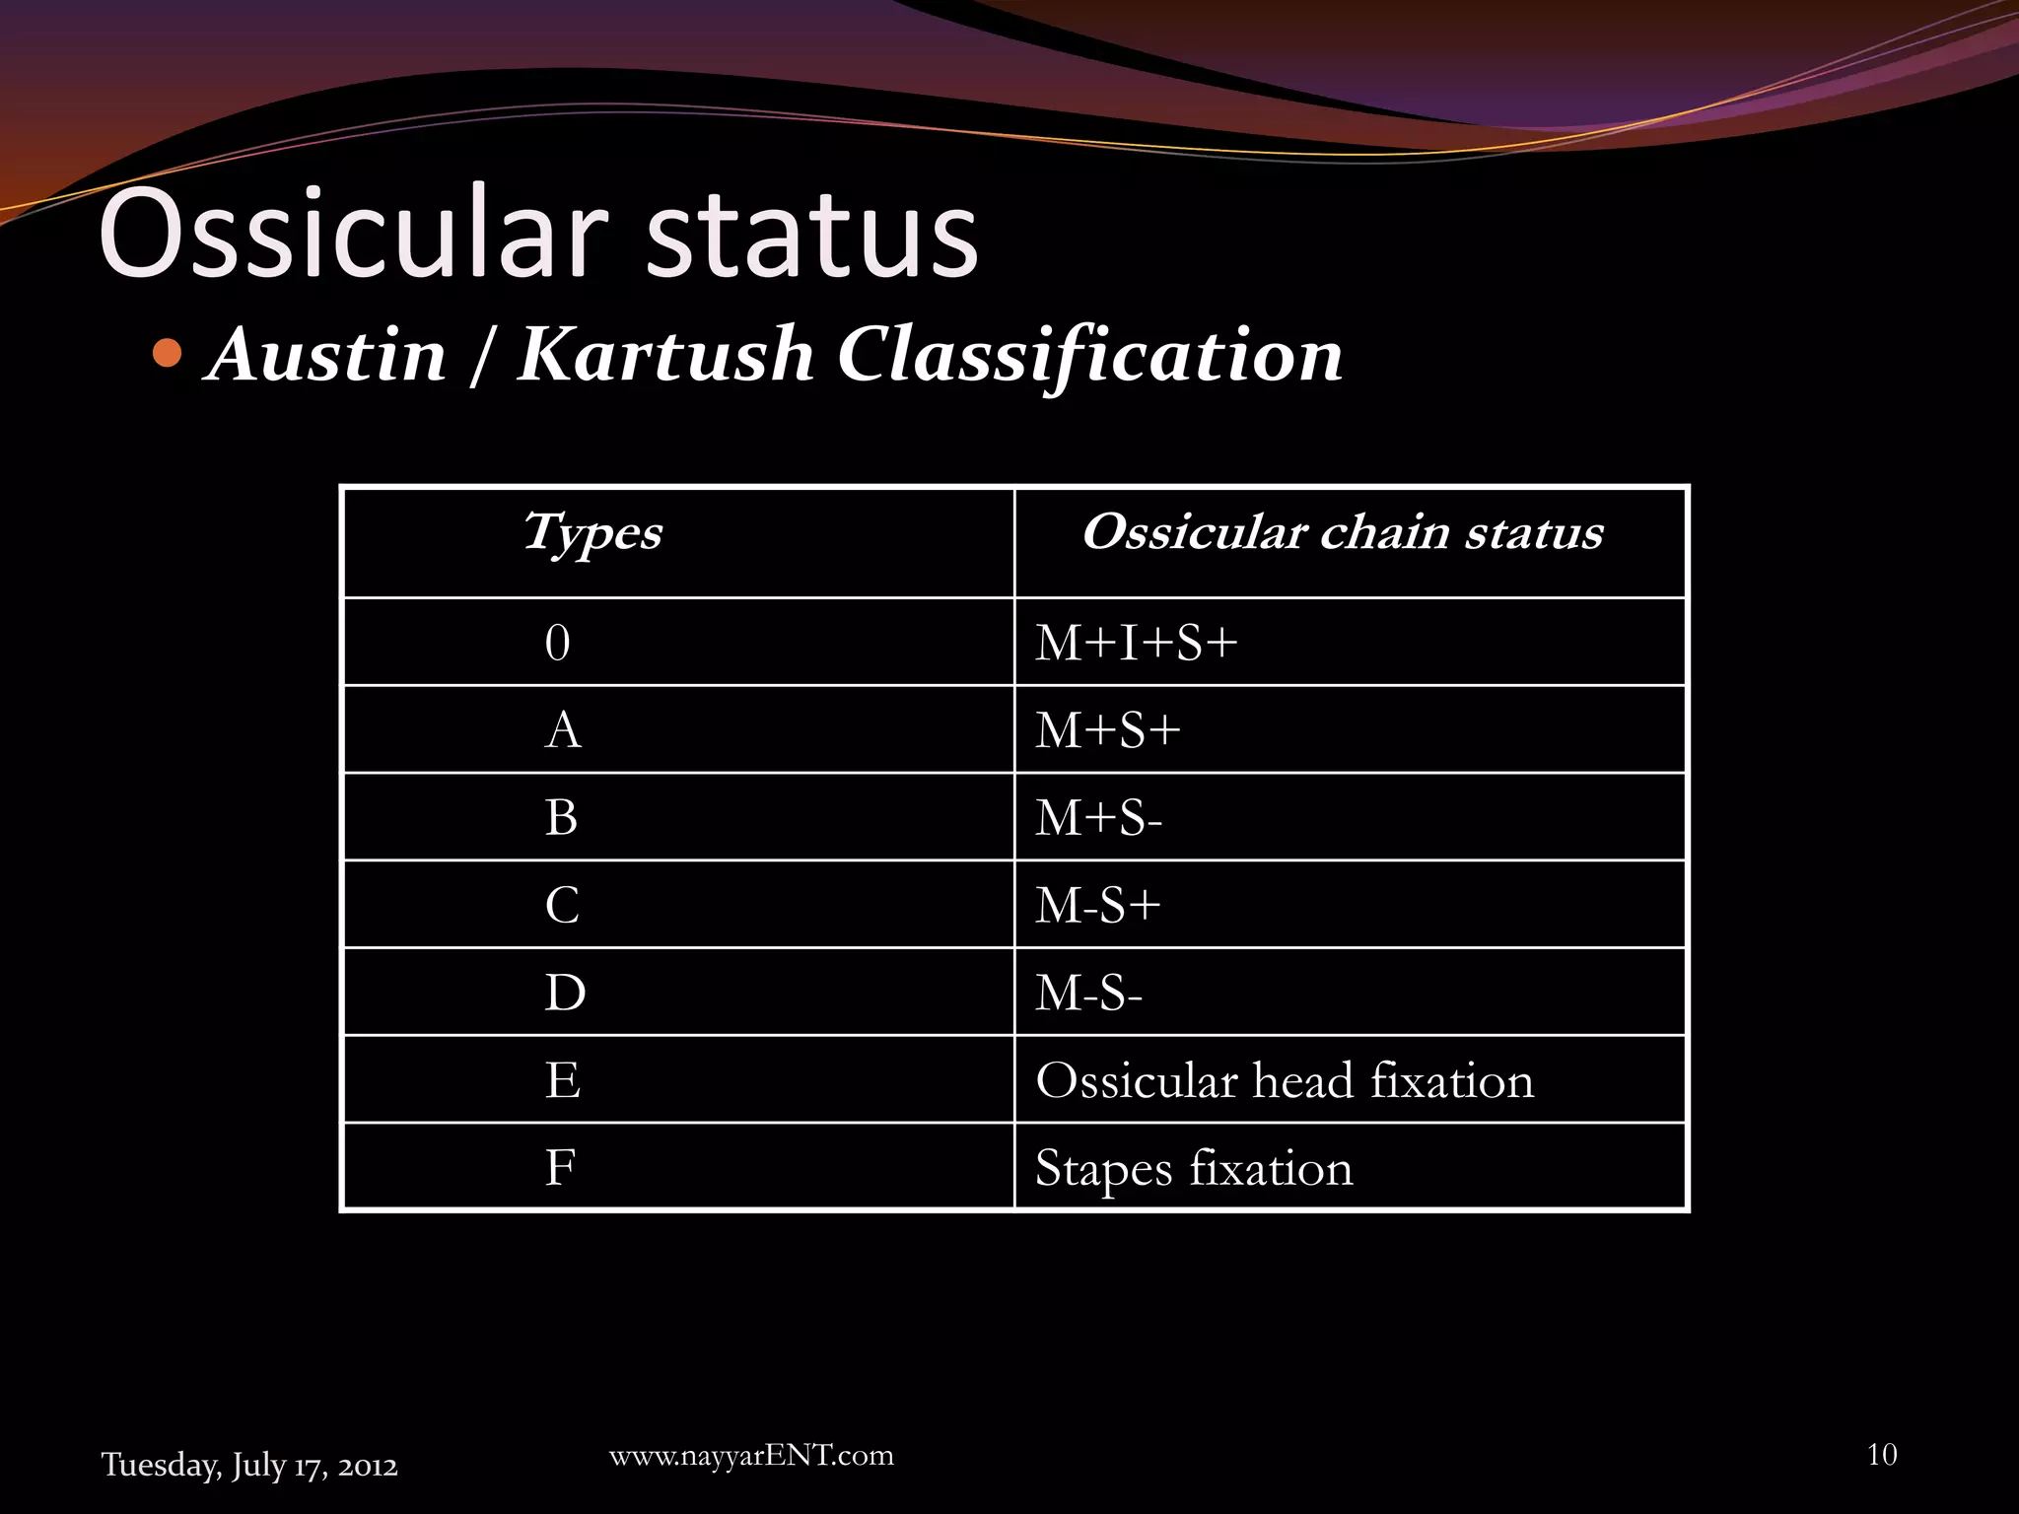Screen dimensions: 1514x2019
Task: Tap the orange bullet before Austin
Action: point(169,352)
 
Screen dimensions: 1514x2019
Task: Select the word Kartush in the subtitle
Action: point(665,355)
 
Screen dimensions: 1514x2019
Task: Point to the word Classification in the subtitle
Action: point(1089,355)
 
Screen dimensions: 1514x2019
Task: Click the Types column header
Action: point(592,533)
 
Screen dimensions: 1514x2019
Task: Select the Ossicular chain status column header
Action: point(1343,533)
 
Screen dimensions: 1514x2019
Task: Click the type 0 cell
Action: point(558,643)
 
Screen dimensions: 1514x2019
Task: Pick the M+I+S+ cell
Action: point(1136,643)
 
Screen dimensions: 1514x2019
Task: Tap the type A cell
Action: point(562,730)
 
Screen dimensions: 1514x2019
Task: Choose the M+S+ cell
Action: point(1107,730)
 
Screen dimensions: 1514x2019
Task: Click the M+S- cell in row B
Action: point(1098,818)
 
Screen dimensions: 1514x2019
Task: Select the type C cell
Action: point(562,905)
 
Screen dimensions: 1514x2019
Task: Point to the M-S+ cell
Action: point(1097,905)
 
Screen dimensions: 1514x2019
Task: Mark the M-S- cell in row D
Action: point(1088,993)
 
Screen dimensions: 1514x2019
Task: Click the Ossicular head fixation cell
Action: point(1285,1080)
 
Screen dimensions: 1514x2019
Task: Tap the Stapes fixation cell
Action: point(1194,1168)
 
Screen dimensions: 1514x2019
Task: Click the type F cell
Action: point(560,1168)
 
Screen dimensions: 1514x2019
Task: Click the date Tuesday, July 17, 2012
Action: point(249,1466)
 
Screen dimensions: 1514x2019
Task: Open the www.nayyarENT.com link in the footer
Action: point(751,1456)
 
